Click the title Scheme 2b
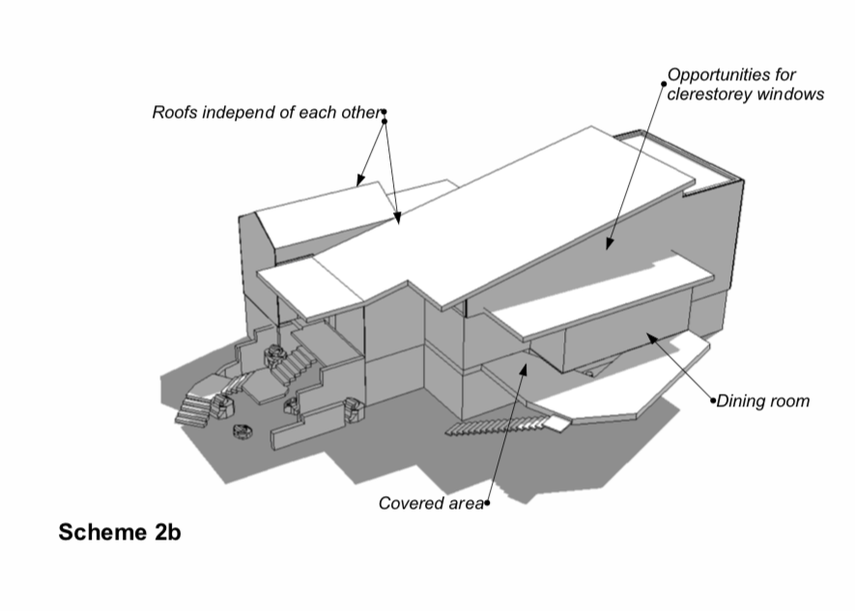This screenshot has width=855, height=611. [120, 533]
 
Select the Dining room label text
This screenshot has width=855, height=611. [763, 400]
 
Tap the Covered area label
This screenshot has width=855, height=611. [430, 503]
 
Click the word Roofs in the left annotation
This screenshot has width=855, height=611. [174, 112]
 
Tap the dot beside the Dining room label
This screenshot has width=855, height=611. [714, 400]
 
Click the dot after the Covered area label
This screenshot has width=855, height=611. [487, 502]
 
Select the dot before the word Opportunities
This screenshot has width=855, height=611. [664, 84]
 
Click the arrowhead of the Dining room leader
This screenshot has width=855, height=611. [650, 336]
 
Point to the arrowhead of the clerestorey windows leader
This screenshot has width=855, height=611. [610, 247]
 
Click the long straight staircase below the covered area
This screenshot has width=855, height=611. [502, 424]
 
